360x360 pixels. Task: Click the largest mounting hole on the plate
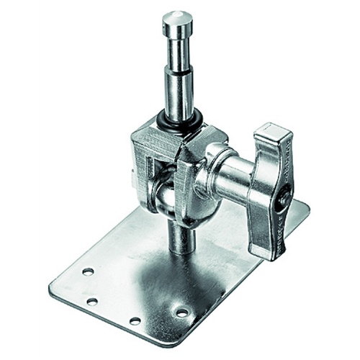coord(181,312)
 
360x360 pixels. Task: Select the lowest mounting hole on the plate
coord(135,320)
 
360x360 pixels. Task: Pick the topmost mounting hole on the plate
coord(88,271)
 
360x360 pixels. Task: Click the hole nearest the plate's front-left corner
coord(92,301)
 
